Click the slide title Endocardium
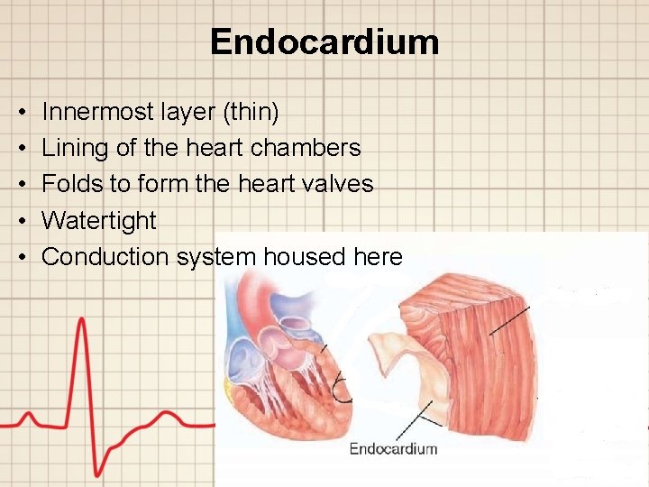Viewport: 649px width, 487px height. click(x=324, y=42)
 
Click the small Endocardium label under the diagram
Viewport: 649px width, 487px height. click(x=393, y=448)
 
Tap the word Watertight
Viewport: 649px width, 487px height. click(x=99, y=220)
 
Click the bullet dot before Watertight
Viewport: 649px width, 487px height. click(x=21, y=221)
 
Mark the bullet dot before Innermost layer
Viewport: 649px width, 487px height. click(x=21, y=113)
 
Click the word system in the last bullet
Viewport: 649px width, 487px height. click(x=216, y=256)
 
